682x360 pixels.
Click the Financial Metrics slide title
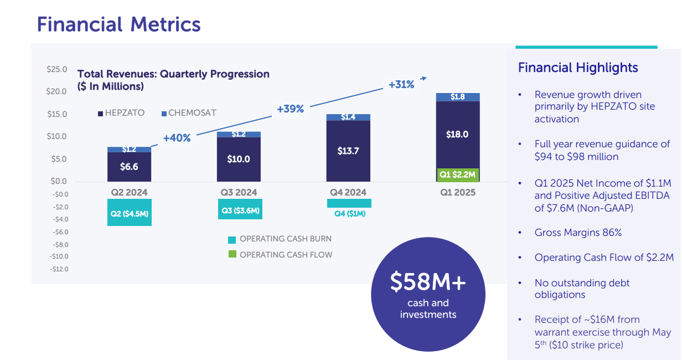(118, 24)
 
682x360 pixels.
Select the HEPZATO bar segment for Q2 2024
(129, 167)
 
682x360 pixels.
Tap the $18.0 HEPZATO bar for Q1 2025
(457, 135)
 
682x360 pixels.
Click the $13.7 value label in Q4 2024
(348, 151)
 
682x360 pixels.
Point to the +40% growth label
(177, 138)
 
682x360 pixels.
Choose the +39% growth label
(290, 109)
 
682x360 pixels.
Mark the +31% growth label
(401, 85)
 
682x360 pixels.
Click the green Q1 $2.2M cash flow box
(457, 174)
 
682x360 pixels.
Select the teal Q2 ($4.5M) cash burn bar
(129, 214)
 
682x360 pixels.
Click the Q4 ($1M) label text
(349, 214)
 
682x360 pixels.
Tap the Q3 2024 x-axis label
(239, 193)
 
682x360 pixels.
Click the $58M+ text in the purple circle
(428, 282)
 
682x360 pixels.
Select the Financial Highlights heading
(578, 68)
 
